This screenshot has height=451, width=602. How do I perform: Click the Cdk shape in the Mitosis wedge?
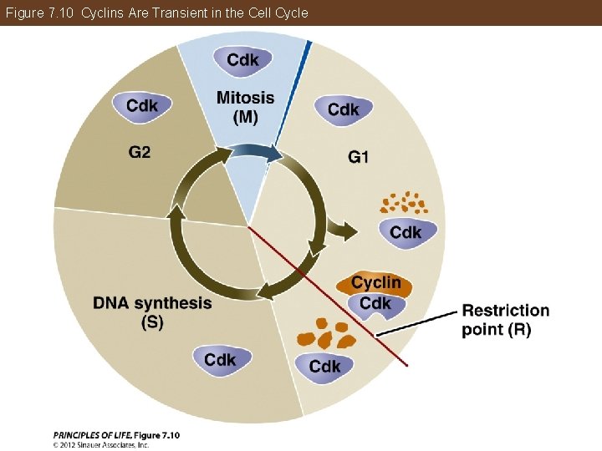(242, 58)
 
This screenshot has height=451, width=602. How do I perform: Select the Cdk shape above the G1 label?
(343, 109)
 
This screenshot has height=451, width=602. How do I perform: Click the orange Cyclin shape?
(374, 283)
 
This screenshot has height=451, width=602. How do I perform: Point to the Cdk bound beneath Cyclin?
(375, 305)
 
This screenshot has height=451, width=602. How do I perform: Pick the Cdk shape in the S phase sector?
(220, 360)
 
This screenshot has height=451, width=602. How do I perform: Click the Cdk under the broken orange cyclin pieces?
(324, 366)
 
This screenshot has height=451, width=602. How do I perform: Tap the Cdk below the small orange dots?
(406, 232)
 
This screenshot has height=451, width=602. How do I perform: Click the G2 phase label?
(140, 153)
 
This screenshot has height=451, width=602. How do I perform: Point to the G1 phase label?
(358, 156)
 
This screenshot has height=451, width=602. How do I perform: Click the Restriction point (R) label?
(505, 319)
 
